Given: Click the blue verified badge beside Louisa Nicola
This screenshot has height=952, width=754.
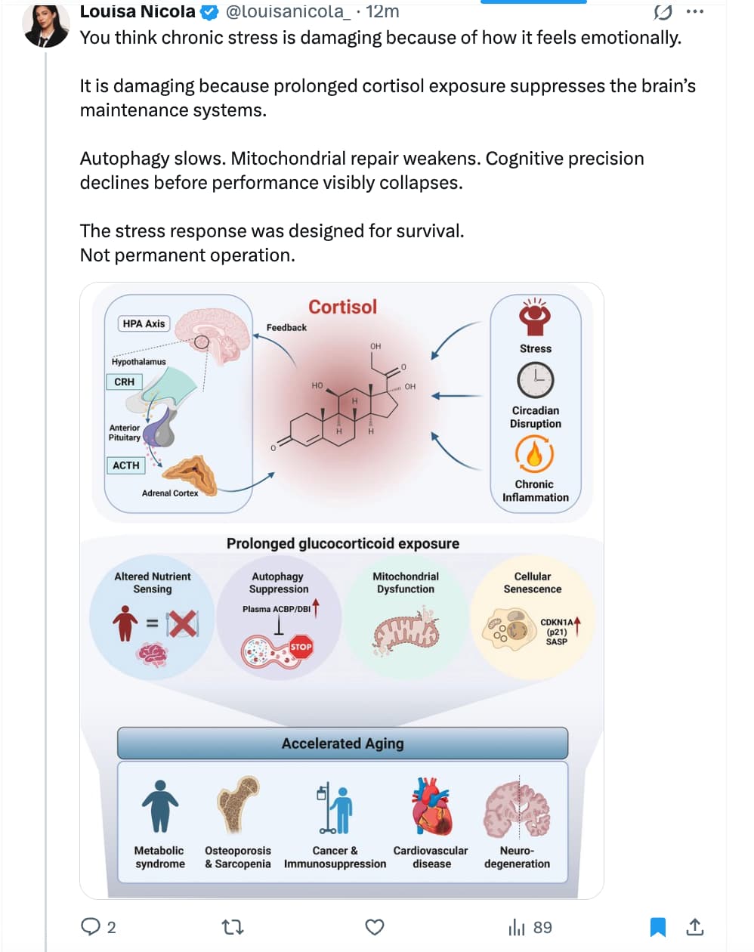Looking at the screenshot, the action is point(209,12).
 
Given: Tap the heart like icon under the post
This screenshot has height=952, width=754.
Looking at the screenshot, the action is point(374,927).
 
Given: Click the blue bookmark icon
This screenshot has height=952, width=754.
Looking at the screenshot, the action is point(658,927).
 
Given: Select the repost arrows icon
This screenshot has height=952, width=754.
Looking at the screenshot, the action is point(232,927).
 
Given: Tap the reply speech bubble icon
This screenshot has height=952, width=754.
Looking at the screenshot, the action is point(91,926).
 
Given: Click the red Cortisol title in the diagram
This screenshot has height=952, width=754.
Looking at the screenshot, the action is point(342,307).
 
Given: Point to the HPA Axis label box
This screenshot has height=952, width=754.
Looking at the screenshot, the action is point(144,323).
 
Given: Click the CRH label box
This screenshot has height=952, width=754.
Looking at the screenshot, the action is point(125,382).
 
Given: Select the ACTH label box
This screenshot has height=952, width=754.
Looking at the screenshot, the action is point(126,465).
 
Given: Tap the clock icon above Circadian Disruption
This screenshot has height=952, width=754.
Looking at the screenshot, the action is point(536,380).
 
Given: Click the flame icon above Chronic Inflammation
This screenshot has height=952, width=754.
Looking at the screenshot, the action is point(535,454).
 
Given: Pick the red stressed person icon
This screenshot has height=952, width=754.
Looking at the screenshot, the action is point(536,317).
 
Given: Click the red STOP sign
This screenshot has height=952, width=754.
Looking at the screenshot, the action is point(301,647).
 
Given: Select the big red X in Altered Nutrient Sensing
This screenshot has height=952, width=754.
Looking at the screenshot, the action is point(183,624).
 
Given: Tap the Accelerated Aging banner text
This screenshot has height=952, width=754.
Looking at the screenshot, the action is point(342,743).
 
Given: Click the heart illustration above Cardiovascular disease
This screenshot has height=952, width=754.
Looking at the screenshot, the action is point(431,808).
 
